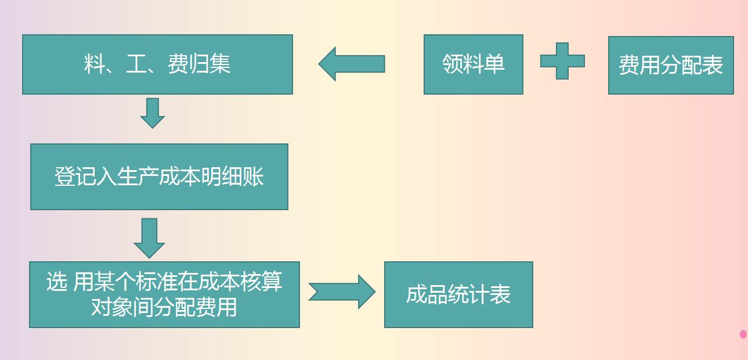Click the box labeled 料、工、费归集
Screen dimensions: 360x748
[157, 64]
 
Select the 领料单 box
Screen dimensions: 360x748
[473, 64]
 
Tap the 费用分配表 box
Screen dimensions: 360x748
[671, 65]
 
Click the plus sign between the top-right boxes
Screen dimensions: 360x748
[562, 61]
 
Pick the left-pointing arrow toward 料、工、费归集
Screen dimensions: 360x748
[352, 64]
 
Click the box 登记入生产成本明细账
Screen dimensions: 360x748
[159, 177]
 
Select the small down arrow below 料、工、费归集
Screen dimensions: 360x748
[153, 113]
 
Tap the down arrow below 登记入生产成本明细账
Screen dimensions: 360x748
[149, 237]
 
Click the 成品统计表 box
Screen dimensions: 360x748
[458, 294]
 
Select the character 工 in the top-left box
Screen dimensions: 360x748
[136, 64]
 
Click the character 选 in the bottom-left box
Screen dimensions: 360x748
[57, 282]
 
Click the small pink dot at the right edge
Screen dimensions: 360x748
[743, 334]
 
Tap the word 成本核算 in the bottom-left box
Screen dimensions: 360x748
[241, 282]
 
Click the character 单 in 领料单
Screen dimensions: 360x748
[494, 64]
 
